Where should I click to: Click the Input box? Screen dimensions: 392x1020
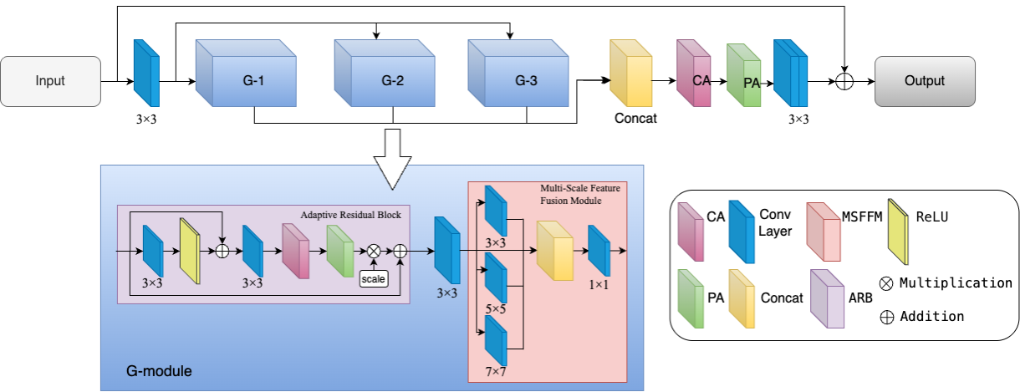[50, 81]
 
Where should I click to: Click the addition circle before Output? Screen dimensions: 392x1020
[844, 82]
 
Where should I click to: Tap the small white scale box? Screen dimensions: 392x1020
[373, 278]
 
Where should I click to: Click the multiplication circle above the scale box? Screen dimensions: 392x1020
[373, 250]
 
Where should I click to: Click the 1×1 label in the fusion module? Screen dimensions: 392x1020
[598, 284]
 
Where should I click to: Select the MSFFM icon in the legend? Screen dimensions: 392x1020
[824, 233]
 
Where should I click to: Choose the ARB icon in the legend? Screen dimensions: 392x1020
[827, 298]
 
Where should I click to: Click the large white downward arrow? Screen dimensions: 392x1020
[392, 160]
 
